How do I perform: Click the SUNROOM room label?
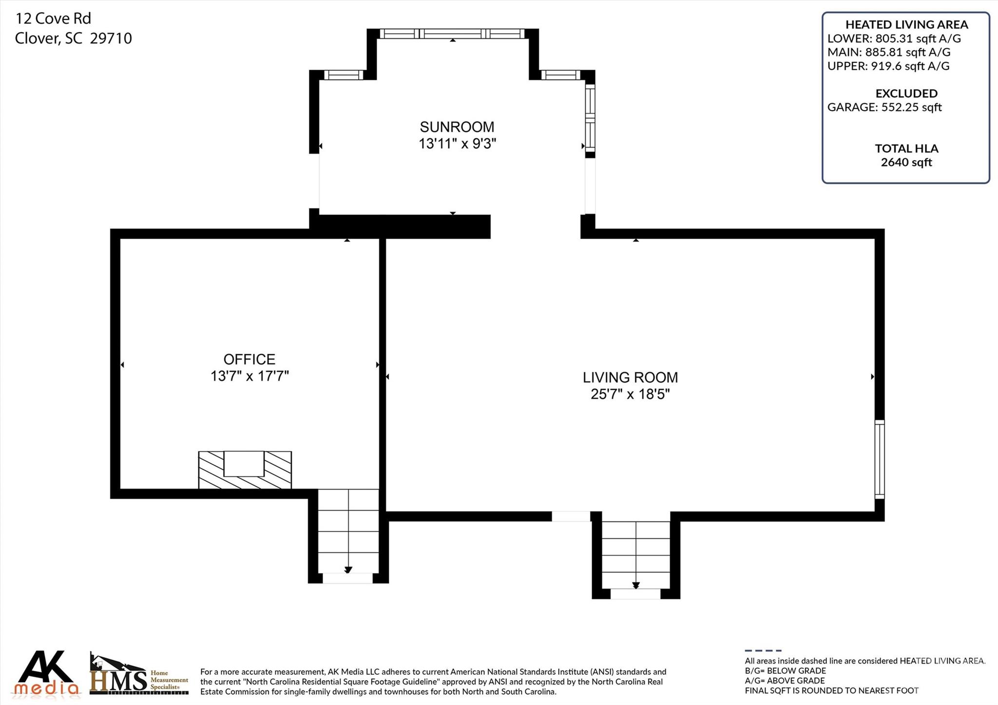(457, 127)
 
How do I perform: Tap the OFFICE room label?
(249, 360)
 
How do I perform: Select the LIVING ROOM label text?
(630, 378)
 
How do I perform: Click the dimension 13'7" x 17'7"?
(249, 376)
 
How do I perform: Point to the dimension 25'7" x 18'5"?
(630, 394)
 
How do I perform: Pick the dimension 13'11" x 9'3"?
(457, 144)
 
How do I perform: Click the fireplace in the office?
(245, 470)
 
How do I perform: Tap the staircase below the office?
(348, 534)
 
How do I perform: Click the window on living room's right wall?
(879, 459)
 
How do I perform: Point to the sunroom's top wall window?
(452, 34)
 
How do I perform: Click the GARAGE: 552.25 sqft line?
(884, 107)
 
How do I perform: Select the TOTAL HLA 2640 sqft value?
(906, 162)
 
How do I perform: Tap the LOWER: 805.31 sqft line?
(894, 38)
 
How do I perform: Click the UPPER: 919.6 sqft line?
(888, 66)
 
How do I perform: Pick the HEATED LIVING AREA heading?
(906, 24)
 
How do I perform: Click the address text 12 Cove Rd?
(53, 19)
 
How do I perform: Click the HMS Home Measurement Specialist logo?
(138, 675)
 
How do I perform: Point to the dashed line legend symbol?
(763, 650)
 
